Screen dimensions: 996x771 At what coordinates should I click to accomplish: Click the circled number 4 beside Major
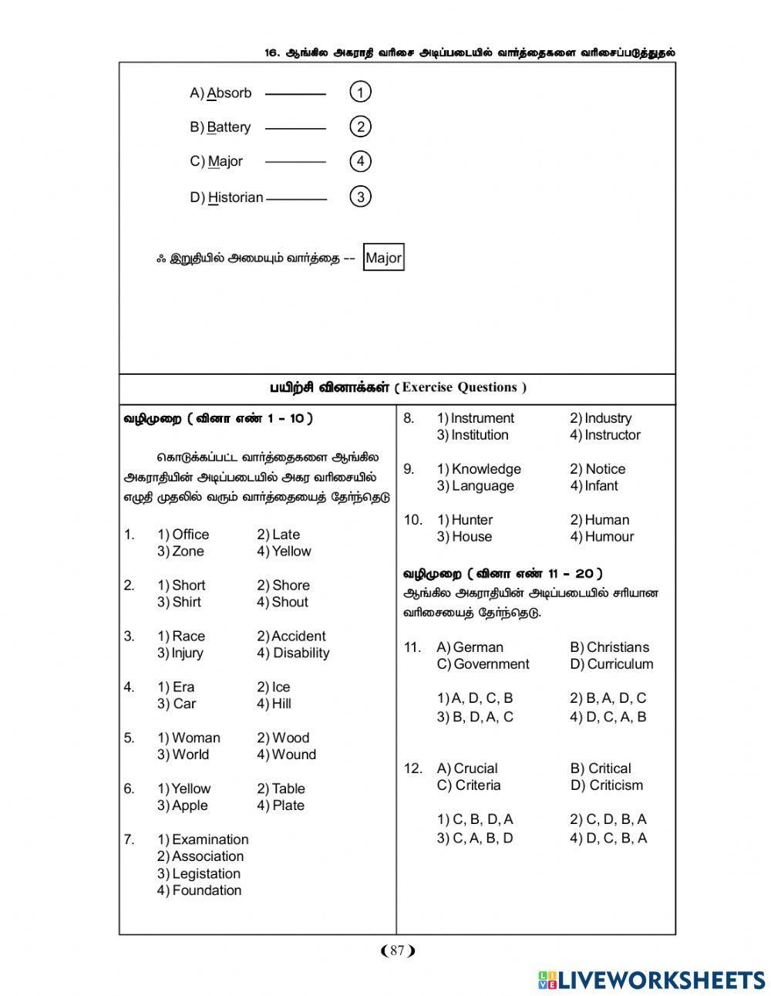tap(360, 161)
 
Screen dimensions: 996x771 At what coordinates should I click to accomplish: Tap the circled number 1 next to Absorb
tap(360, 93)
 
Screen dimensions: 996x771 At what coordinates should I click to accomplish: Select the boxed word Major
tap(383, 258)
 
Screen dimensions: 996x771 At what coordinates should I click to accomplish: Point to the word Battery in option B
tap(229, 127)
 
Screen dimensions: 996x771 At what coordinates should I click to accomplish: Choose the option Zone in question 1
tap(188, 552)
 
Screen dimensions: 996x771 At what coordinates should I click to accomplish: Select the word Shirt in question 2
tap(187, 603)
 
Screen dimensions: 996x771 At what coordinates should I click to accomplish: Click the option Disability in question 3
tap(301, 653)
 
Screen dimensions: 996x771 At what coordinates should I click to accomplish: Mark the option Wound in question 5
tap(294, 755)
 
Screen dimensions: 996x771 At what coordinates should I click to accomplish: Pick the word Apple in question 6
tap(190, 806)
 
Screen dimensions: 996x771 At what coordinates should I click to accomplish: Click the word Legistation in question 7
tap(206, 874)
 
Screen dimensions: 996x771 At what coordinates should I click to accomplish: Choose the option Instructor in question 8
tap(612, 435)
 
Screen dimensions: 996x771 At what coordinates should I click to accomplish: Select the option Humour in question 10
tap(609, 537)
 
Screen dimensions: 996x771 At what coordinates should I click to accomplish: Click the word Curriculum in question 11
tap(620, 664)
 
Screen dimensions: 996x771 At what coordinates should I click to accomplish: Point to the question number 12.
tap(413, 768)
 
